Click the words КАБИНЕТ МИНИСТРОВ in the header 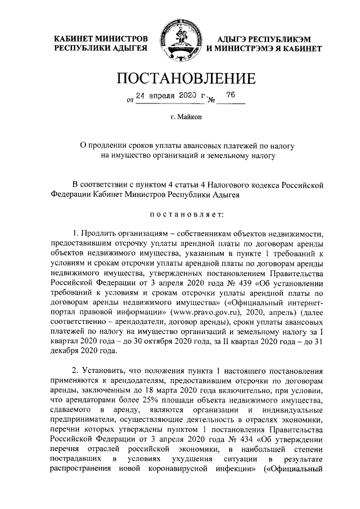[101, 38]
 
